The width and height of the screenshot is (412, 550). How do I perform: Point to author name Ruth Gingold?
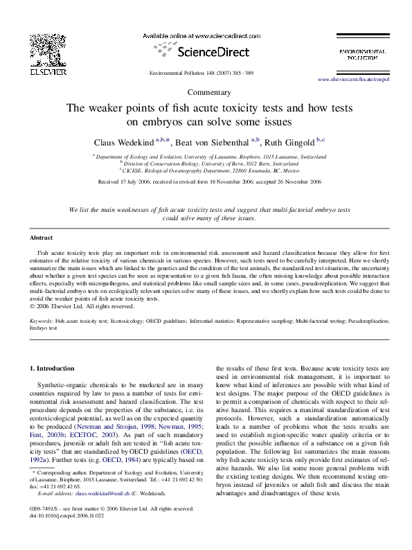[x=289, y=142]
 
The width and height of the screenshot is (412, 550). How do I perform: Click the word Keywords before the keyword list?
[x=42, y=322]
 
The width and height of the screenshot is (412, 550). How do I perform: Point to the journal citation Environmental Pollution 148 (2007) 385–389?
[x=206, y=73]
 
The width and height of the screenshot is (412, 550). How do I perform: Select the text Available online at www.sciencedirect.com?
[x=206, y=35]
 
